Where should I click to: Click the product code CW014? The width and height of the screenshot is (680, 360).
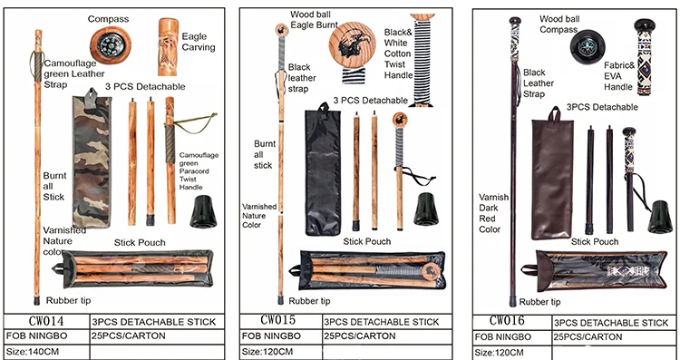tap(46, 321)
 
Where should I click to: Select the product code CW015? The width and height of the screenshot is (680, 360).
tap(278, 320)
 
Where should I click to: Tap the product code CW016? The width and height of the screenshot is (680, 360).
tap(507, 320)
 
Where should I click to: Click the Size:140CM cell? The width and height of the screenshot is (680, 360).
tap(33, 351)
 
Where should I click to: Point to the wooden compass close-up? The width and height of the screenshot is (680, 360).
tap(111, 45)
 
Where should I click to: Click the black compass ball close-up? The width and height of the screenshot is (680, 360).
tap(587, 47)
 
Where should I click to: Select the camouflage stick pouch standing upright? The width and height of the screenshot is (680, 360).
tap(92, 158)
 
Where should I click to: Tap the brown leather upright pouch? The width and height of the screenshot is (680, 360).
tap(552, 173)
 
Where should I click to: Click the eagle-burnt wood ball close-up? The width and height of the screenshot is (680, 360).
tap(352, 44)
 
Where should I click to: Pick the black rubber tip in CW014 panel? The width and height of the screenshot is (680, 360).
tap(204, 211)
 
